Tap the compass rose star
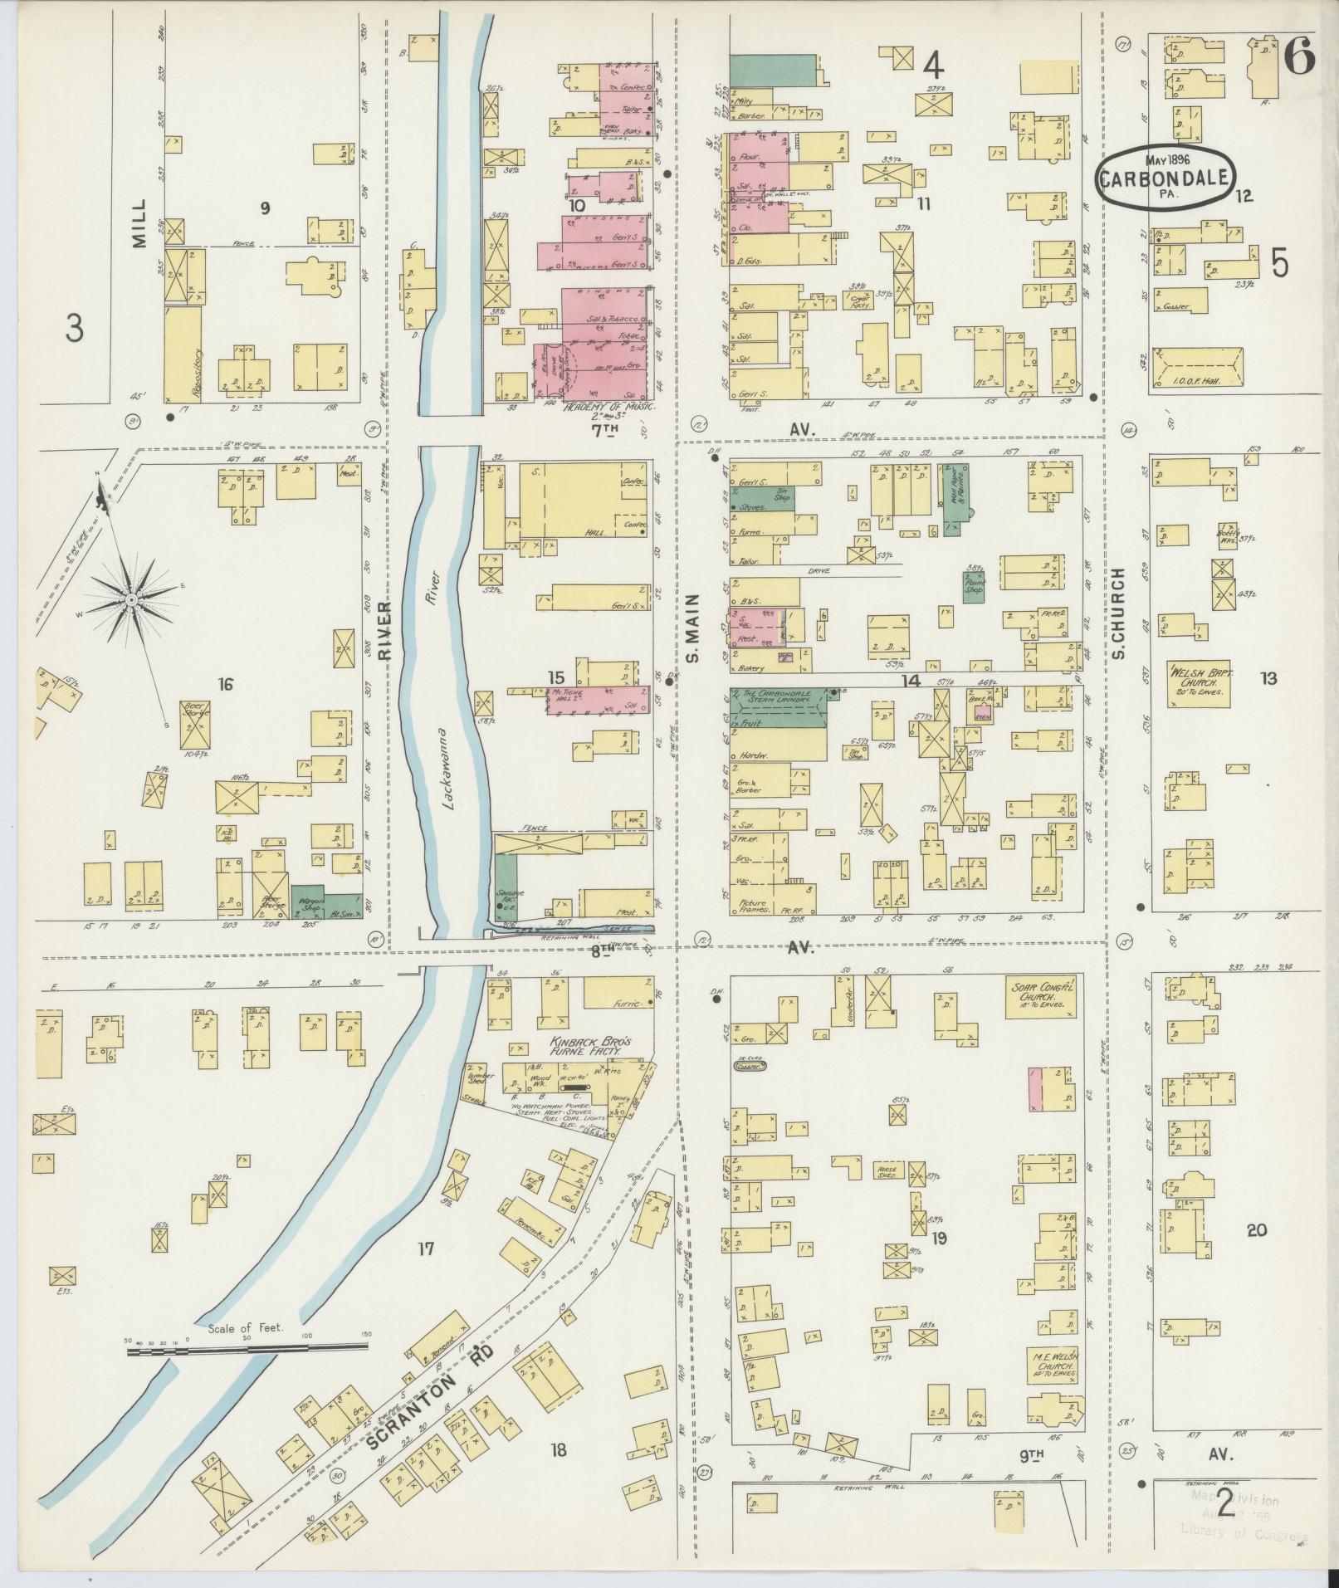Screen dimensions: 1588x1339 coord(131,599)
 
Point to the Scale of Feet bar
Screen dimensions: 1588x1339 coord(248,1351)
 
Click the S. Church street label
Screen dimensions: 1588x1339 coord(1118,613)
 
